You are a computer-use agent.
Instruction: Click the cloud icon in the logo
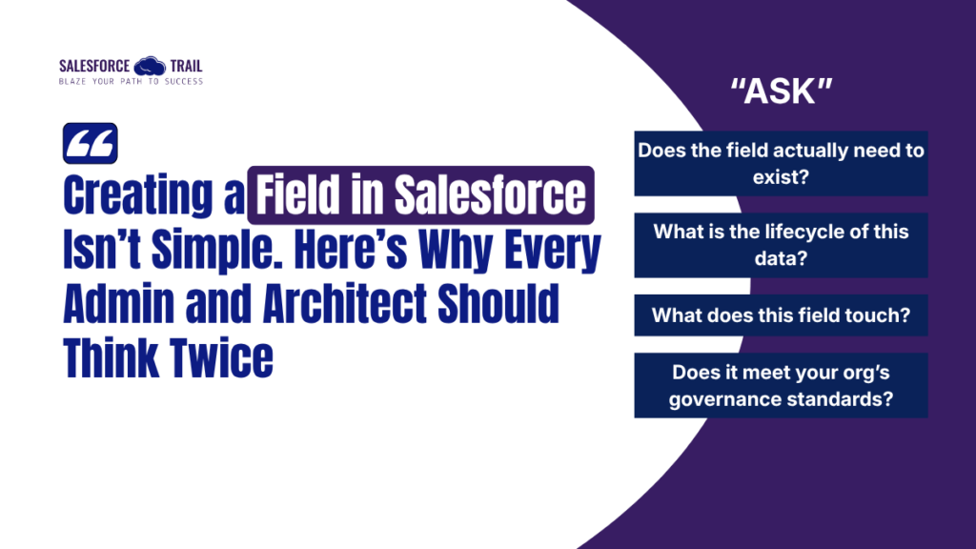150,66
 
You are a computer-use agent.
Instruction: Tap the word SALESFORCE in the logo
94,66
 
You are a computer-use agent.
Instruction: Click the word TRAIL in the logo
185,66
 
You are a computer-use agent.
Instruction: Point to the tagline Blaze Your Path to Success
131,81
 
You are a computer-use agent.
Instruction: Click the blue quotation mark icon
90,144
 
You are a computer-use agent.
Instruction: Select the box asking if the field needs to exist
781,163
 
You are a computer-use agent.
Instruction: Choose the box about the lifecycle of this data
781,245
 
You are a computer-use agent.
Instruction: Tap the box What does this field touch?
781,315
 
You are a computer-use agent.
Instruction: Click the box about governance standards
781,385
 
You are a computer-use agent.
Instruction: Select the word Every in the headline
550,251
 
